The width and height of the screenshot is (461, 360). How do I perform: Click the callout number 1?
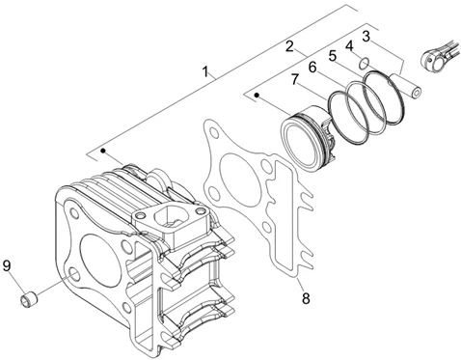(x=204, y=71)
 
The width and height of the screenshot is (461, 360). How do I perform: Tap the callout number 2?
(x=289, y=45)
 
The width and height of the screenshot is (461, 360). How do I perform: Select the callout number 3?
(x=366, y=36)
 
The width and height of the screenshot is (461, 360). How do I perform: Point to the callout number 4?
(x=349, y=45)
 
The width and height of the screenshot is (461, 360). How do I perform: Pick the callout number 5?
(x=332, y=56)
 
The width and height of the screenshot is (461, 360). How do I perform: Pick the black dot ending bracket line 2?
(x=256, y=95)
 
